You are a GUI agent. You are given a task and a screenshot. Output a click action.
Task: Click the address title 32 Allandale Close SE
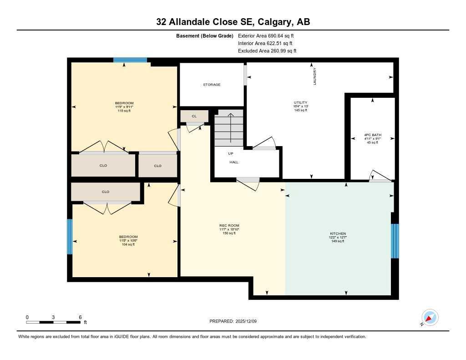pyautogui.click(x=233, y=22)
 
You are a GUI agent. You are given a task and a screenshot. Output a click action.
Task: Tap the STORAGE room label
pyautogui.click(x=212, y=85)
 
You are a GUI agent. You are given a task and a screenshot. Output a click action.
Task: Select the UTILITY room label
pyautogui.click(x=300, y=103)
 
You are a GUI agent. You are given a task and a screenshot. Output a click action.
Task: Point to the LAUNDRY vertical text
pyautogui.click(x=314, y=76)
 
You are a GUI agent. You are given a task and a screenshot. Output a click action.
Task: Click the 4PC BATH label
pyautogui.click(x=372, y=135)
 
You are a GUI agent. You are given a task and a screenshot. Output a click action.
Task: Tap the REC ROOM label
pyautogui.click(x=229, y=226)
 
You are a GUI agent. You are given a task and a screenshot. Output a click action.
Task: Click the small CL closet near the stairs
pyautogui.click(x=194, y=117)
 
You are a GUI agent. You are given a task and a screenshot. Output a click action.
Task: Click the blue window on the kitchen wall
pyautogui.click(x=395, y=241)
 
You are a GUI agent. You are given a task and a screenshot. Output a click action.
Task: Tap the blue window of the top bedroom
pyautogui.click(x=130, y=60)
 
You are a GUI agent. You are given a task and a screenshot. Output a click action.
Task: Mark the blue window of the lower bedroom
pyautogui.click(x=70, y=237)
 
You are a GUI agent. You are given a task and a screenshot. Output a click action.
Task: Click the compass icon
pyautogui.click(x=430, y=317)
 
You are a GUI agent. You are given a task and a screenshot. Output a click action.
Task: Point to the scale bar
pyautogui.click(x=54, y=322)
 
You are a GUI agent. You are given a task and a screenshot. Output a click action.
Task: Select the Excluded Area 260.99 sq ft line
pyautogui.click(x=267, y=51)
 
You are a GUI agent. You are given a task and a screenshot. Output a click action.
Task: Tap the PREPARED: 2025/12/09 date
pyautogui.click(x=236, y=321)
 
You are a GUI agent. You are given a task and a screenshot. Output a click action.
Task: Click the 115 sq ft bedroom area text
pyautogui.click(x=124, y=111)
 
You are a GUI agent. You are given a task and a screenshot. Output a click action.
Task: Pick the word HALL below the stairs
pyautogui.click(x=234, y=162)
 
